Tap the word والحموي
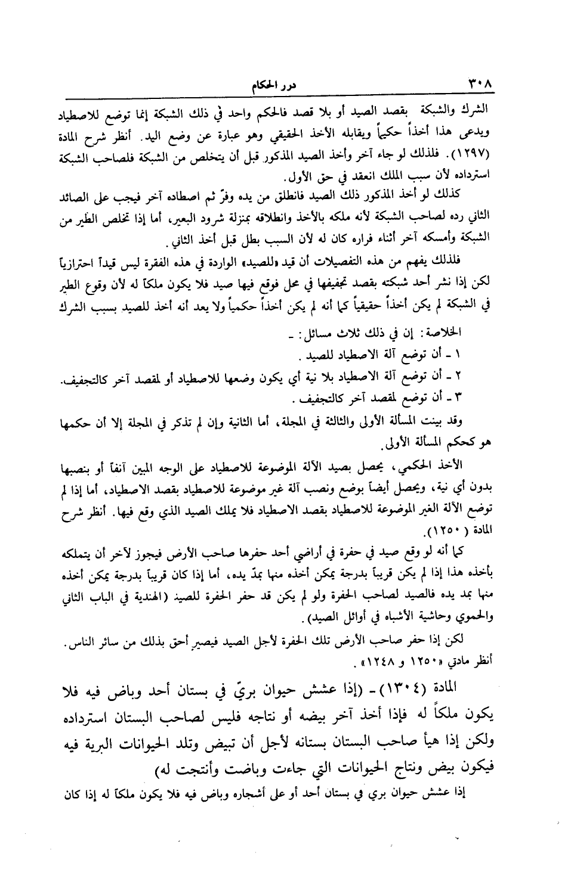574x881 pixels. click(476, 600)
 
